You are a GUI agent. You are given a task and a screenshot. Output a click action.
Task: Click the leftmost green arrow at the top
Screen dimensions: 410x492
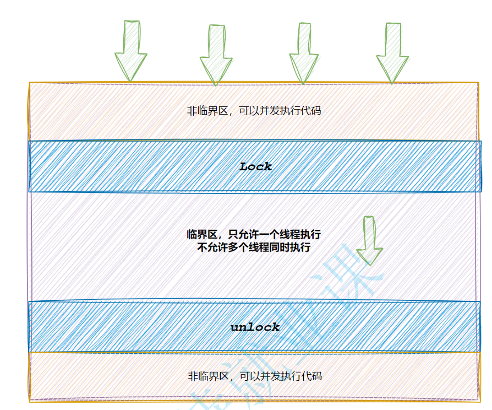131,51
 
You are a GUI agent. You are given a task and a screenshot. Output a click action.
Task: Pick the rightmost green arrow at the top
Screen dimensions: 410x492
392,53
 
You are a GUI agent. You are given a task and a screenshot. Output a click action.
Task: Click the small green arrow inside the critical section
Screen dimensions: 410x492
369,240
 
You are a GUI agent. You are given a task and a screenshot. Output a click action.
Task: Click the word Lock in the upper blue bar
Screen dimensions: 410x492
256,166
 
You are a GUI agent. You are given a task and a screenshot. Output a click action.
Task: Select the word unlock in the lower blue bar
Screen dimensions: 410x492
255,327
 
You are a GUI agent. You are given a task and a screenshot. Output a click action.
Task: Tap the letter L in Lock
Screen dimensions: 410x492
244,166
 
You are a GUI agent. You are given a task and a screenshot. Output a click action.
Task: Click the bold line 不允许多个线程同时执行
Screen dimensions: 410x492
254,248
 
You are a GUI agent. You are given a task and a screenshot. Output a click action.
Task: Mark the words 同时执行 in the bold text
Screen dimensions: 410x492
292,248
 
